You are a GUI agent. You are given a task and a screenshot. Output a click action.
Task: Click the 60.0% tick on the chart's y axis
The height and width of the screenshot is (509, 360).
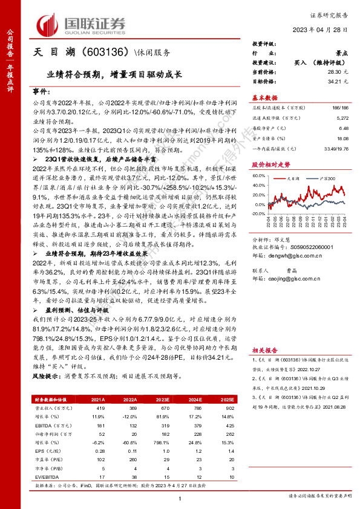click(260, 176)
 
